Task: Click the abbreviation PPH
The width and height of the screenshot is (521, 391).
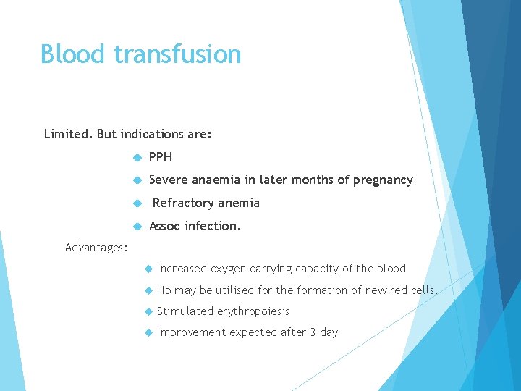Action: click(161, 157)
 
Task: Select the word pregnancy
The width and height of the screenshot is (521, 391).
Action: click(383, 180)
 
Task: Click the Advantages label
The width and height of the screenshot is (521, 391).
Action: click(96, 248)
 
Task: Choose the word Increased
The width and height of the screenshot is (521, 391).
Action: click(182, 269)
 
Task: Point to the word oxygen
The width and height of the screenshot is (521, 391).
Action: click(229, 269)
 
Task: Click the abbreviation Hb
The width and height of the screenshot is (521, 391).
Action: click(164, 290)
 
